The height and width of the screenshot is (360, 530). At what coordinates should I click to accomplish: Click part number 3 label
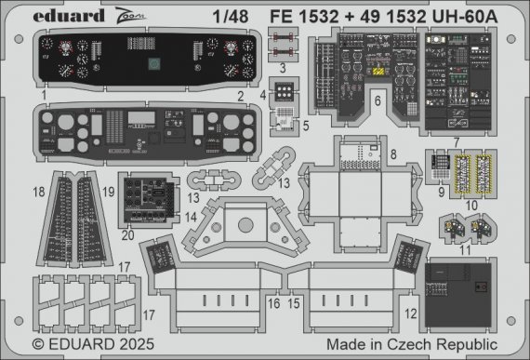point(282,68)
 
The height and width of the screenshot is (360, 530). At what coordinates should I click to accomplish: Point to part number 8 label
point(394,153)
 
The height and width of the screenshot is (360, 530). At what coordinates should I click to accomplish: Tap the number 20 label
point(126,235)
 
